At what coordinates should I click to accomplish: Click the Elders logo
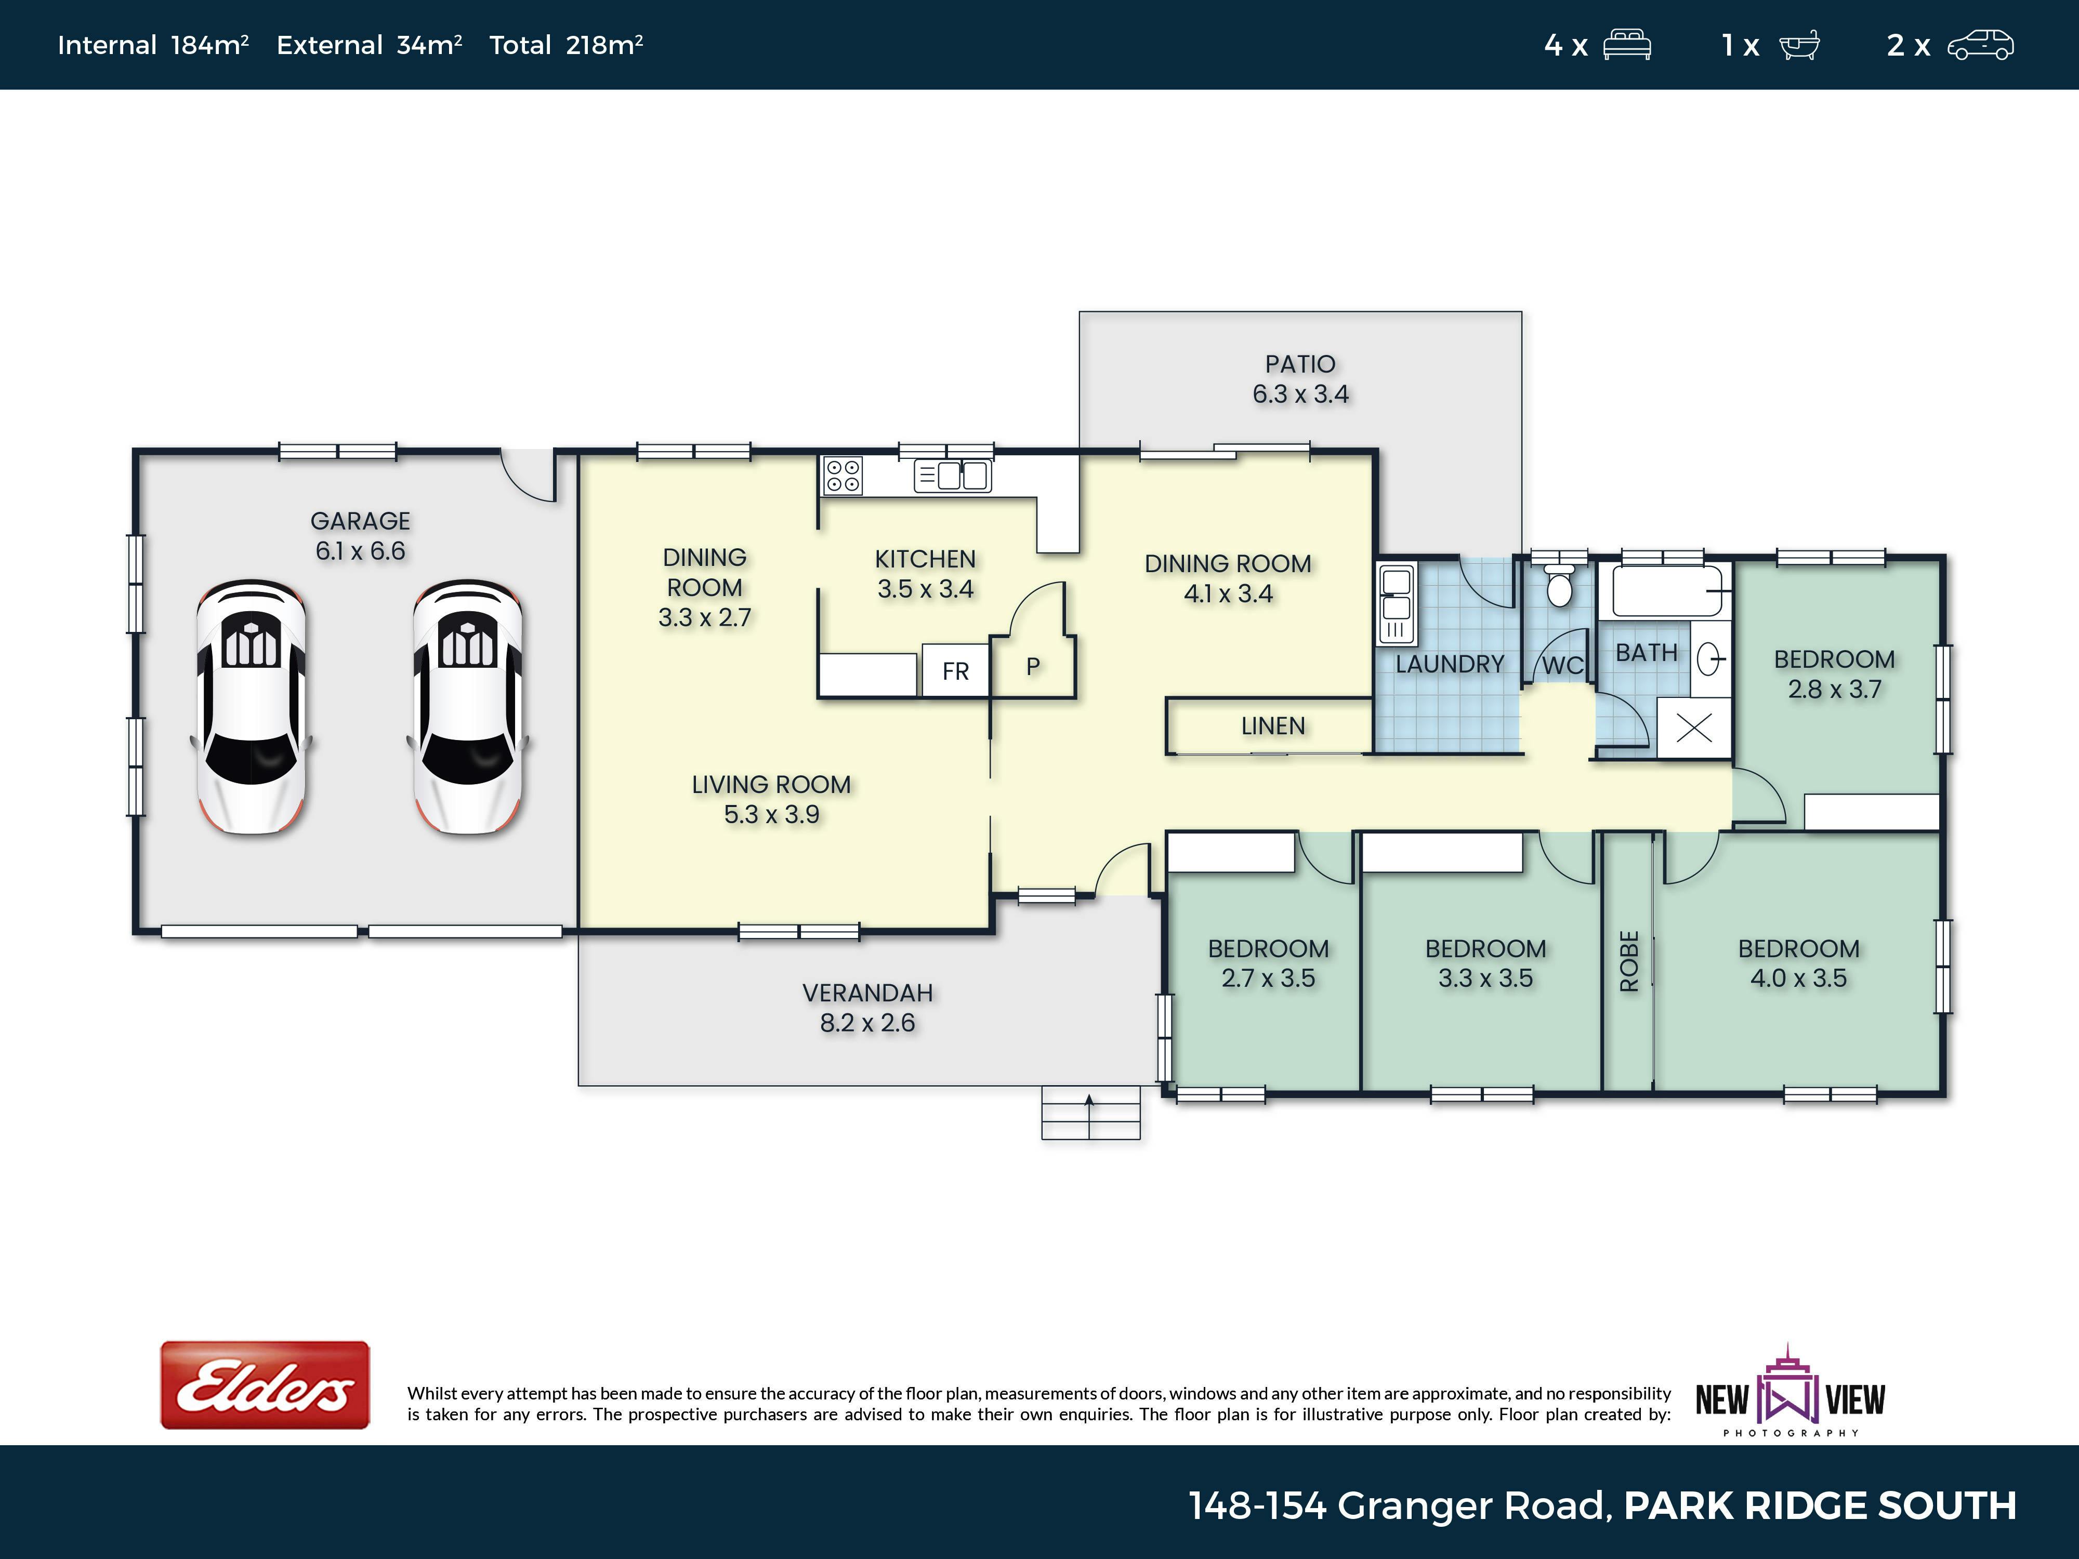pos(265,1385)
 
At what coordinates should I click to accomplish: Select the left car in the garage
pos(251,707)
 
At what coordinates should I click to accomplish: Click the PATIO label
pos(1300,364)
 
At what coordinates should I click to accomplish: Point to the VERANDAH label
pos(867,993)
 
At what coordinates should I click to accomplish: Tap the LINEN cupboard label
pos(1272,725)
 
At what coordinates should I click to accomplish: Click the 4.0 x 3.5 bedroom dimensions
pos(1798,978)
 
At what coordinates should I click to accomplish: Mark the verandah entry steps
pos(1090,1113)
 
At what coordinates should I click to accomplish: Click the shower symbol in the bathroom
pos(1694,728)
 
